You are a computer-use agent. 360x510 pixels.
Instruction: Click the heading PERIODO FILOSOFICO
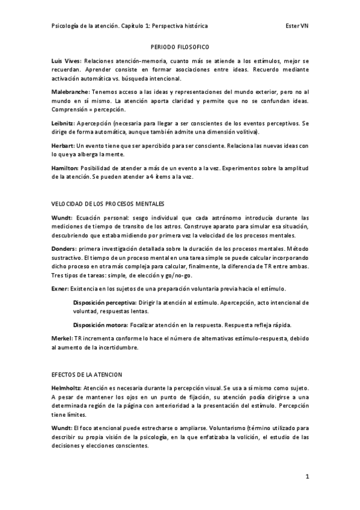pyautogui.click(x=180, y=46)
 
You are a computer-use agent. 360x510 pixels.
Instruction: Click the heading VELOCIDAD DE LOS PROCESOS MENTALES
pyautogui.click(x=108, y=204)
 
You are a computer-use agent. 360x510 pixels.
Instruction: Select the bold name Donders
pyautogui.click(x=64, y=248)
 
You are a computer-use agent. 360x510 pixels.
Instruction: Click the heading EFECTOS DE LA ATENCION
pyautogui.click(x=87, y=374)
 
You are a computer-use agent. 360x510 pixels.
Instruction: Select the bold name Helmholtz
pyautogui.click(x=66, y=389)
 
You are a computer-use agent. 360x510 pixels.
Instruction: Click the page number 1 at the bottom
pyautogui.click(x=307, y=477)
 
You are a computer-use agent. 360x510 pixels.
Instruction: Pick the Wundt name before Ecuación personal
pyautogui.click(x=62, y=218)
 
